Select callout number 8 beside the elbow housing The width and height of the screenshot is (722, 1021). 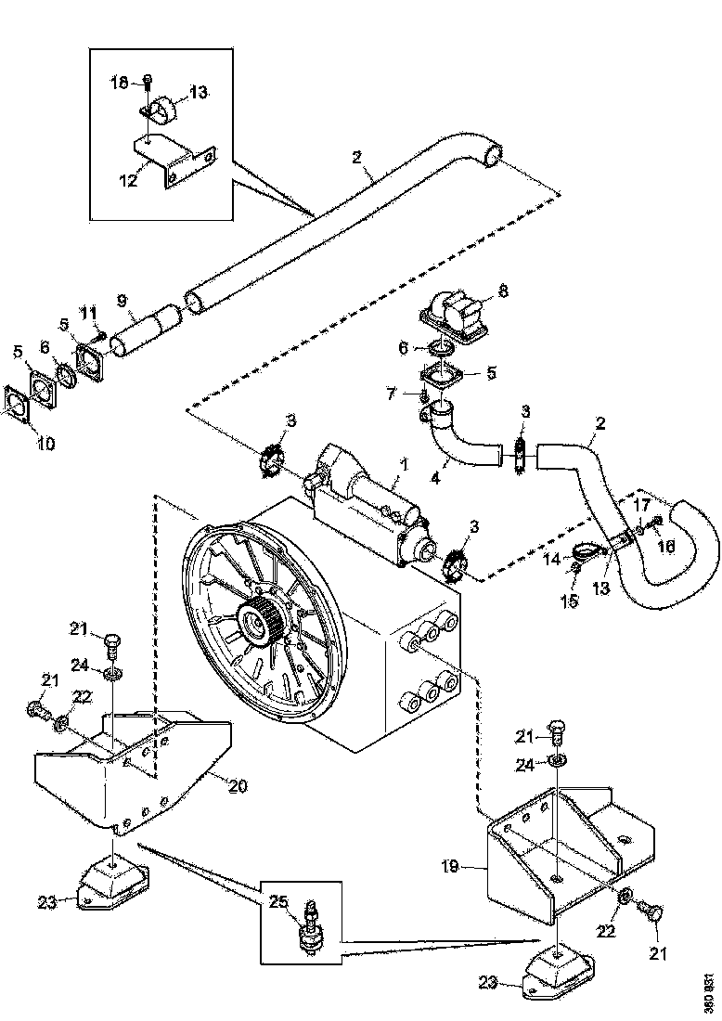[503, 291]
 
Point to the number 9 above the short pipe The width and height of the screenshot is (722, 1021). [121, 301]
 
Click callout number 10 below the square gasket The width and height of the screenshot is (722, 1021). [45, 444]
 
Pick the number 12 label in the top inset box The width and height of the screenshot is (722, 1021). [129, 180]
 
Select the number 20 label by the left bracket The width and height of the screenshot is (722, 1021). [238, 785]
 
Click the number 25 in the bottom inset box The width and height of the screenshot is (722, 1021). [277, 901]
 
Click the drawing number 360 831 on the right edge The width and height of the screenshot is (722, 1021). [709, 993]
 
